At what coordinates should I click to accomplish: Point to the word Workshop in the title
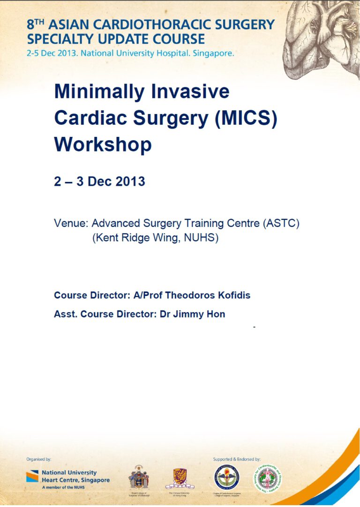click(x=103, y=144)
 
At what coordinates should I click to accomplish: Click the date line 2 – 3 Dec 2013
click(x=99, y=182)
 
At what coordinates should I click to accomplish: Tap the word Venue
click(x=70, y=223)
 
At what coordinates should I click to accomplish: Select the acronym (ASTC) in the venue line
click(x=281, y=223)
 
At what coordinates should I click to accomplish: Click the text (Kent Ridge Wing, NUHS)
click(x=156, y=238)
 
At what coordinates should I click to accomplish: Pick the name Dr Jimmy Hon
click(x=192, y=314)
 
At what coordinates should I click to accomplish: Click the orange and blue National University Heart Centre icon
click(x=32, y=477)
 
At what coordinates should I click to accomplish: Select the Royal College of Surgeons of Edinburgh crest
click(x=139, y=477)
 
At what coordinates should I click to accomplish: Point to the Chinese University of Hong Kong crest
click(x=180, y=477)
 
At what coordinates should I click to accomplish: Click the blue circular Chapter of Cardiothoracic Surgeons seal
click(x=226, y=478)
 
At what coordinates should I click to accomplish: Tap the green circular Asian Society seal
click(x=268, y=478)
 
